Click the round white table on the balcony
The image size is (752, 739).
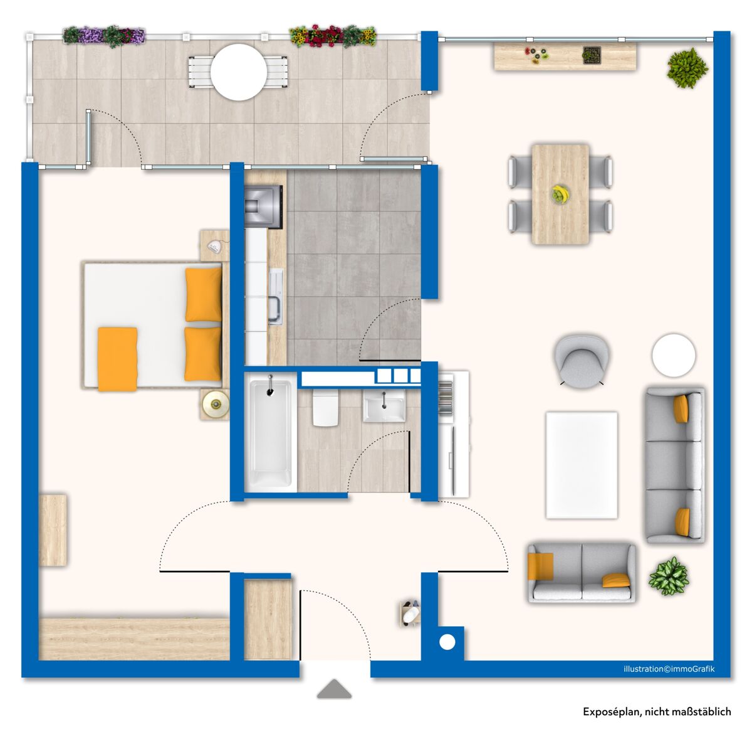click(238, 72)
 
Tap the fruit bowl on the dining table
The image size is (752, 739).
click(560, 194)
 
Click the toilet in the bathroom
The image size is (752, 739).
click(325, 408)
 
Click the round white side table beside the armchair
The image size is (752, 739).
click(673, 355)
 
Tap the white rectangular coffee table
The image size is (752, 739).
click(582, 465)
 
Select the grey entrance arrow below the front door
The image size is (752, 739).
click(334, 689)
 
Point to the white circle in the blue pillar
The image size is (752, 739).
click(447, 642)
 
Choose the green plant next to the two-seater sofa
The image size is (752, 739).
click(669, 576)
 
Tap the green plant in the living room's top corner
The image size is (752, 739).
click(687, 68)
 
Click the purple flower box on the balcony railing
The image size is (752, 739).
click(104, 36)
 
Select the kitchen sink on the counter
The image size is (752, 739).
click(276, 297)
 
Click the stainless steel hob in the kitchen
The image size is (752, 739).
click(263, 206)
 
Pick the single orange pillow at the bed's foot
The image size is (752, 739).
click(117, 359)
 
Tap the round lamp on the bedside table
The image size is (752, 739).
click(216, 405)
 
